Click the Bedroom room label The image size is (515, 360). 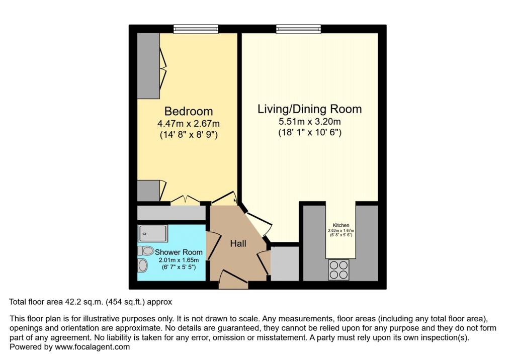189,111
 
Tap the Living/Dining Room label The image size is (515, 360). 309,109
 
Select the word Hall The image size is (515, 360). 238,243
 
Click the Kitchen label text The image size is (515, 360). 341,225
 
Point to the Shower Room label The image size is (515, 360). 179,252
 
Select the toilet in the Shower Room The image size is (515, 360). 145,250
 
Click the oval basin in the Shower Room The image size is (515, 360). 143,265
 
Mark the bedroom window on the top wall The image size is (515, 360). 196,30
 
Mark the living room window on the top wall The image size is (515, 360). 298,30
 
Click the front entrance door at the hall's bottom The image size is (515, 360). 234,280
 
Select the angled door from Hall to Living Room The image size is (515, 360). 256,224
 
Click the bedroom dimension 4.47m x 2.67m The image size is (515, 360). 189,124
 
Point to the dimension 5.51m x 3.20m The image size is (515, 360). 309,122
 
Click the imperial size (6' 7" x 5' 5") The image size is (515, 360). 179,267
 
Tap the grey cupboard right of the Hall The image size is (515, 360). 285,262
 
